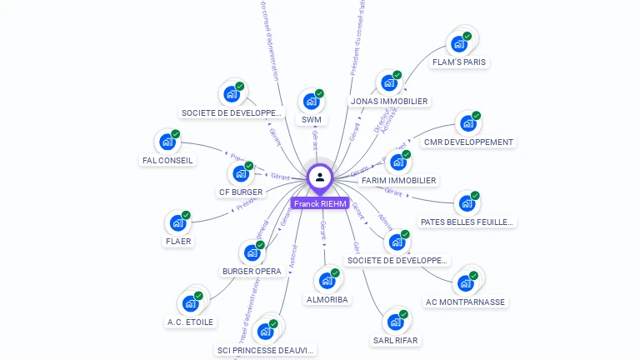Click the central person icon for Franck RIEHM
320,177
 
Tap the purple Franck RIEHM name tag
320,203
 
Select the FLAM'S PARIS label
459,62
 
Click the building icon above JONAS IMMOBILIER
387,83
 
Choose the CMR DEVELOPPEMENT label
468,142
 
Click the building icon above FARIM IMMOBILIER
397,162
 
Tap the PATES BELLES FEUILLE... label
467,222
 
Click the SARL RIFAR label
395,341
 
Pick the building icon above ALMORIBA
326,281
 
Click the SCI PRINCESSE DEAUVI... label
266,351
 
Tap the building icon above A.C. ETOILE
191,303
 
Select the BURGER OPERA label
252,272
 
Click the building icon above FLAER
177,222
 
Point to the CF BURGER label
241,192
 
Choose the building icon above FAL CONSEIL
167,142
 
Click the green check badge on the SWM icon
319,93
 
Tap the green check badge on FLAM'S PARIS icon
467,36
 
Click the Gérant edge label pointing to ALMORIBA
323,230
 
